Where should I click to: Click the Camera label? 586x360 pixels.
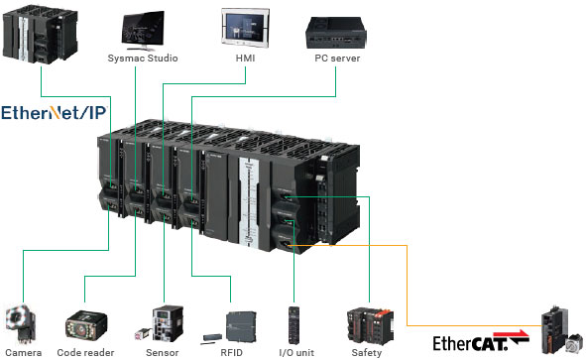(21, 351)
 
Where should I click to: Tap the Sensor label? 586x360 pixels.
(162, 351)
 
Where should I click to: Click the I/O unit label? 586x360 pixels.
(295, 351)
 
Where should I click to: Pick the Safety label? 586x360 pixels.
(367, 351)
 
